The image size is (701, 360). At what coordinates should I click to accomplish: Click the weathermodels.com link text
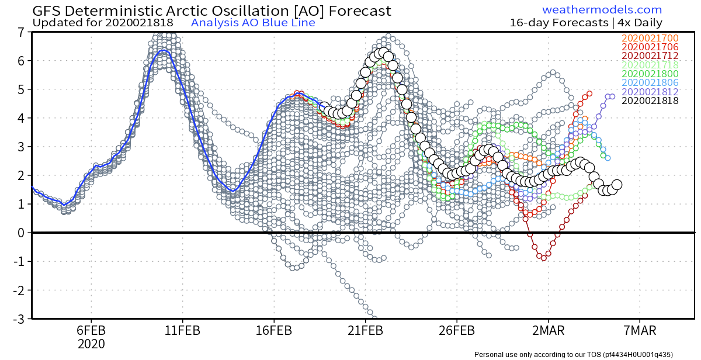point(602,10)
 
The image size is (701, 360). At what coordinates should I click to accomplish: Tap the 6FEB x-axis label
point(92,331)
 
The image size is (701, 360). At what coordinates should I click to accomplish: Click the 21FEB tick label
point(366,331)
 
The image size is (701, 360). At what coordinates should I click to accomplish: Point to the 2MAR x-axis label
point(548,331)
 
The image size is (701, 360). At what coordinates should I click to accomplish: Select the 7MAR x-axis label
point(640,331)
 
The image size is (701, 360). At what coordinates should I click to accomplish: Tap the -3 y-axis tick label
point(19,319)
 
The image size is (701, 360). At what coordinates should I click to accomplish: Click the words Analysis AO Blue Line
point(253,23)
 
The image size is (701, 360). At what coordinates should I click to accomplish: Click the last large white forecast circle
point(616,185)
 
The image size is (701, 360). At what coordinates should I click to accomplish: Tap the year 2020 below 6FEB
point(92,344)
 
